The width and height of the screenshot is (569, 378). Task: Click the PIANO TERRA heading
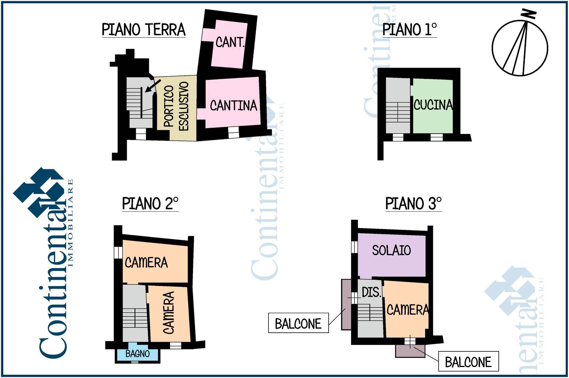144,30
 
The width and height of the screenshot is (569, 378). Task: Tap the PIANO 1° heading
410,30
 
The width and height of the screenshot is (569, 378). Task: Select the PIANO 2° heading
150,204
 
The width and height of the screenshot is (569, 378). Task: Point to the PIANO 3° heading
413,204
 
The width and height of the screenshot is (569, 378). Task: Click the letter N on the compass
529,14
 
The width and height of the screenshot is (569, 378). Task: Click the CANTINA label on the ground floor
234,106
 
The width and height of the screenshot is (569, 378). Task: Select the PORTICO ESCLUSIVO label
176,106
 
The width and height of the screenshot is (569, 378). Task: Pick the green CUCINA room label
433,105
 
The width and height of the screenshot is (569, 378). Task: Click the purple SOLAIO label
391,250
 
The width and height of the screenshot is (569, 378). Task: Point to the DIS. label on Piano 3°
372,292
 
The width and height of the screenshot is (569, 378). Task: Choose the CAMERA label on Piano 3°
408,310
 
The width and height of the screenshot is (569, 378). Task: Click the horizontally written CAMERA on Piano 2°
146,263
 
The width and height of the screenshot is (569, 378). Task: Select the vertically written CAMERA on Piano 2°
169,313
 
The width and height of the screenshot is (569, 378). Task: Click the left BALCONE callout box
298,323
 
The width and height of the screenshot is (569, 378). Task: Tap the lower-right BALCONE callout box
469,361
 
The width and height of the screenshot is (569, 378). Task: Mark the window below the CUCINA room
437,137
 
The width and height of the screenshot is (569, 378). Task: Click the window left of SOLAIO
354,247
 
